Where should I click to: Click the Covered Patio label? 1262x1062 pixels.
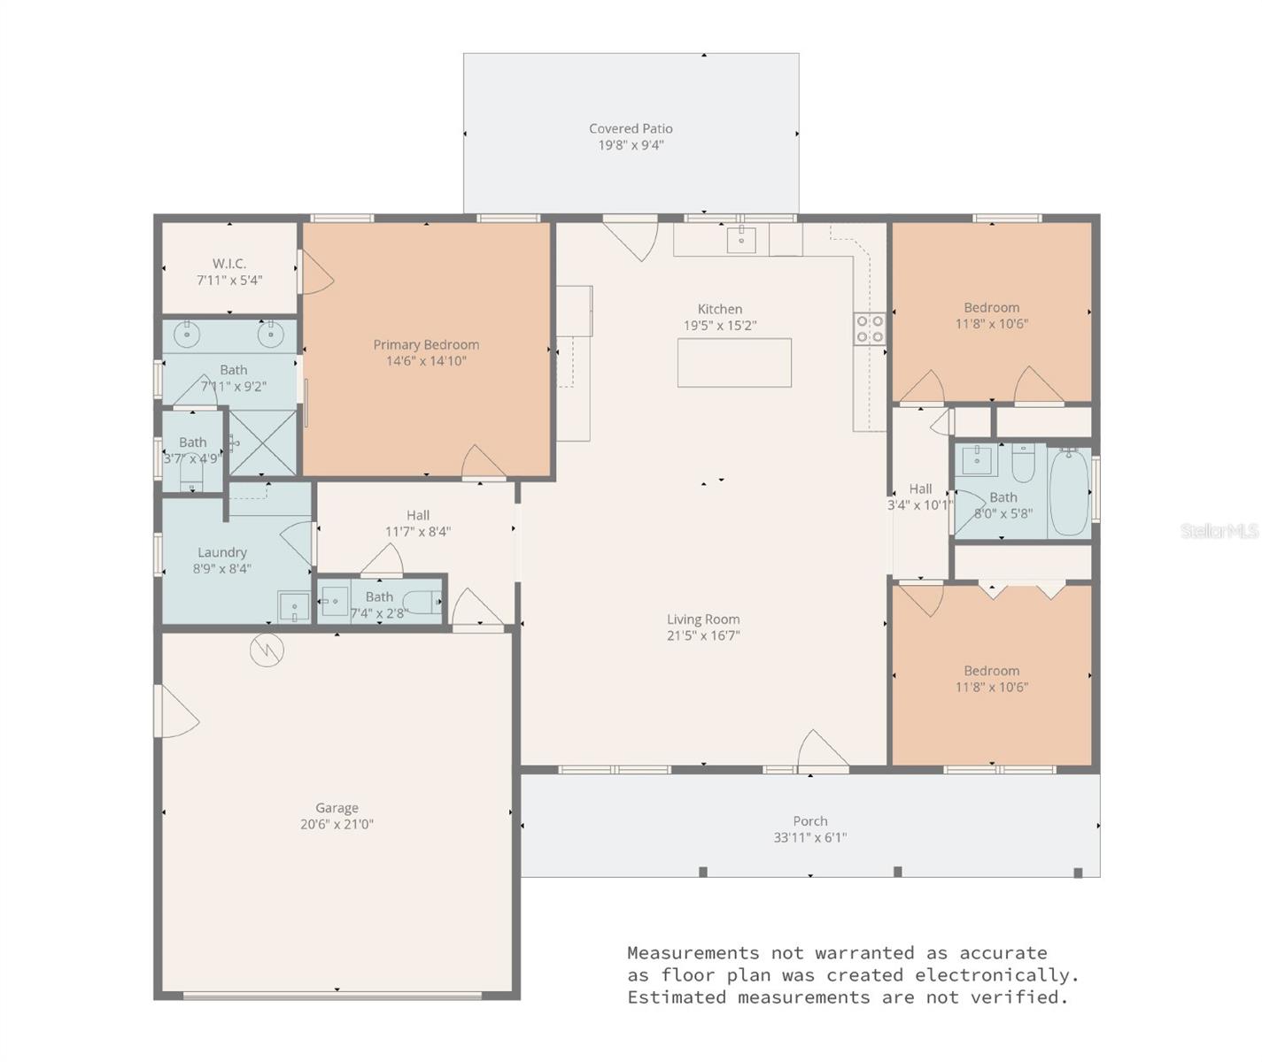[631, 128]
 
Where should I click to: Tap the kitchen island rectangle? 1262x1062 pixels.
[734, 363]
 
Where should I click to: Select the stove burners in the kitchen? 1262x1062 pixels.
[870, 328]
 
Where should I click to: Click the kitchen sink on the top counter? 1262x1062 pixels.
[741, 239]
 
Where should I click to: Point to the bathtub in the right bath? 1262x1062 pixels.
[1069, 492]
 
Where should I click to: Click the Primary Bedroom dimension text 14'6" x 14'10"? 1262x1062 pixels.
[426, 361]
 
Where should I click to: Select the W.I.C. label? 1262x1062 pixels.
[229, 264]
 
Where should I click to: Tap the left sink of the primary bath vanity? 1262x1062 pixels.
[186, 335]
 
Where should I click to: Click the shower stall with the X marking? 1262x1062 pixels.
[263, 442]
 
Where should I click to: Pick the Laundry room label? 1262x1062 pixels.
[221, 552]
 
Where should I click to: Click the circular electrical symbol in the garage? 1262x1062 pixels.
[266, 650]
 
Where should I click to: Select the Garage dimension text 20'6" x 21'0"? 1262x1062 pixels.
[337, 824]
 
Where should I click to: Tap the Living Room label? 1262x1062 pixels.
[703, 619]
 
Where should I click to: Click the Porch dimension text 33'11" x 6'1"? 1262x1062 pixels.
[809, 837]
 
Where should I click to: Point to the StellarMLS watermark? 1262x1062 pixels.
[1219, 531]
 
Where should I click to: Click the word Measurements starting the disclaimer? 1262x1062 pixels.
[693, 953]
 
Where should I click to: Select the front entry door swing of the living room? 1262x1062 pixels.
[823, 753]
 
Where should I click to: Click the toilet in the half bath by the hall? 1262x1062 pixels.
[427, 602]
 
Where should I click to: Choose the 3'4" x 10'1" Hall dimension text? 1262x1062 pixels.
[920, 505]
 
